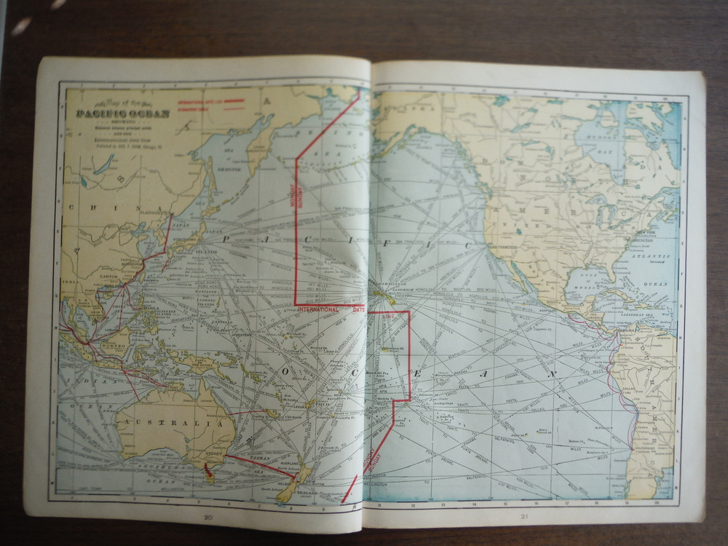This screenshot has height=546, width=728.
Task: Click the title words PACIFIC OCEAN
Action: tap(123, 113)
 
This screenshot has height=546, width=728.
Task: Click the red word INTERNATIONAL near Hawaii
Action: tap(318, 309)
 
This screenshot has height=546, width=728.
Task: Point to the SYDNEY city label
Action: tap(215, 451)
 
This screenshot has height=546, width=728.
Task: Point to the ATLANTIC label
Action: tap(649, 257)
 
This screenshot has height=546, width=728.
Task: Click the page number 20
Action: tap(208, 517)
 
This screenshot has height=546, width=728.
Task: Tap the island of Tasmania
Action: tap(210, 475)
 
